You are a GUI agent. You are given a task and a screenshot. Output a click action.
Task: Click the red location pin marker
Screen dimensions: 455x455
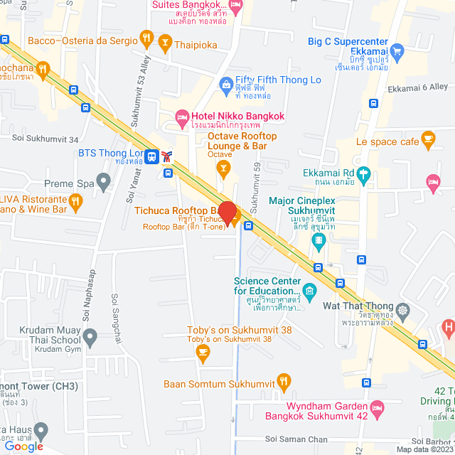227,213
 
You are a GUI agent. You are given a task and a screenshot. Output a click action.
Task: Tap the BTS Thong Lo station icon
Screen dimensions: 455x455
151,155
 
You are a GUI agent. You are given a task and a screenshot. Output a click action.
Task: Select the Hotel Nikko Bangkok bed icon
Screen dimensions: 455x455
183,116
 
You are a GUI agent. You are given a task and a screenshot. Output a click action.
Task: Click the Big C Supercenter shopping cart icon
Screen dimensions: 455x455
397,50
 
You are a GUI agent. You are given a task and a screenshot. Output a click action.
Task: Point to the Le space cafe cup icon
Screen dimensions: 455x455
428,137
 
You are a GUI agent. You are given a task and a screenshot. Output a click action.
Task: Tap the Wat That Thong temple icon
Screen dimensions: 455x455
404,310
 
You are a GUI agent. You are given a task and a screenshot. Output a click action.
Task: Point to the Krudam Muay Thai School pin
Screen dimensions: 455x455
90,335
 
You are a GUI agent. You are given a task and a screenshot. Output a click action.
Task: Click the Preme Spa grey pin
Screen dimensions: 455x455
104,182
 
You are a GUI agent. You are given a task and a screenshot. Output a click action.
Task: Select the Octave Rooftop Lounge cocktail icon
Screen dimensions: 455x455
223,168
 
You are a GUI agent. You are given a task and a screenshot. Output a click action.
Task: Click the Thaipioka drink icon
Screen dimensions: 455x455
166,43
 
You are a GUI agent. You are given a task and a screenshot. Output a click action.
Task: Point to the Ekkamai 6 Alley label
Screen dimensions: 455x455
417,88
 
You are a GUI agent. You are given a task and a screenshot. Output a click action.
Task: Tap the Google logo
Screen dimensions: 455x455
23,446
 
